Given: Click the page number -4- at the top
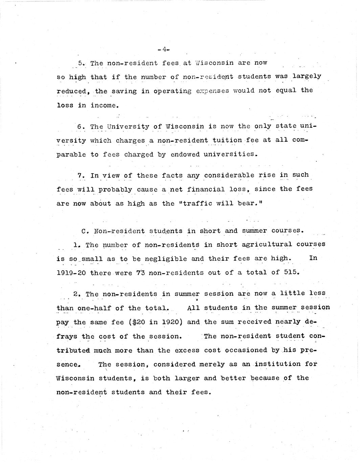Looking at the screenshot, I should point(163,49).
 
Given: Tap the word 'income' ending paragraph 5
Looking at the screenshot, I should point(105,105).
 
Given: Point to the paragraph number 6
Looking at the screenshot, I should point(80,127).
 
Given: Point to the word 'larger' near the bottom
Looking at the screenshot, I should point(185,378).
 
